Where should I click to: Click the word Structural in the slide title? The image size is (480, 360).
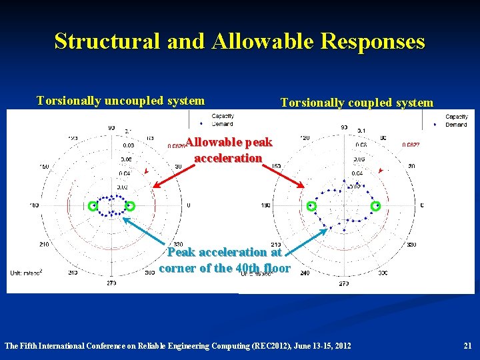(x=107, y=41)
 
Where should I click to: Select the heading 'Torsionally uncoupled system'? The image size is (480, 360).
(x=121, y=101)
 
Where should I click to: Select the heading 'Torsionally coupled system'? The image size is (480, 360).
(x=357, y=102)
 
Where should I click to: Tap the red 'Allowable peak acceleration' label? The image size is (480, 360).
(x=228, y=150)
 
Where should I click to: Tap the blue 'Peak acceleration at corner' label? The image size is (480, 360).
(x=225, y=260)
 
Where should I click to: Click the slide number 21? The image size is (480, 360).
(x=467, y=345)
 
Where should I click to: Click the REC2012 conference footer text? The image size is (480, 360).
(x=177, y=345)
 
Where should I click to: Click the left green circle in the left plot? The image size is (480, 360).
(x=93, y=206)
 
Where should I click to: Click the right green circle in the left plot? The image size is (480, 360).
(x=131, y=206)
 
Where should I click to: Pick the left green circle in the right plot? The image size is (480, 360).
(x=311, y=206)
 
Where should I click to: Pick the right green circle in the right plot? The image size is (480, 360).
(x=376, y=206)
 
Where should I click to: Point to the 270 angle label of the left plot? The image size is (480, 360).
(x=111, y=283)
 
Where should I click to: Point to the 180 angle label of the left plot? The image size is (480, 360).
(x=35, y=205)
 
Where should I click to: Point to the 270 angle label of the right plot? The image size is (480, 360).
(x=344, y=283)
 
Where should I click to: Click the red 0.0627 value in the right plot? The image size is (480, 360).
(x=411, y=144)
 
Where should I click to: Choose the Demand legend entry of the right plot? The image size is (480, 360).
(x=456, y=125)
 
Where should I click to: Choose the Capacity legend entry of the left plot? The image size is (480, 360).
(x=223, y=117)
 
